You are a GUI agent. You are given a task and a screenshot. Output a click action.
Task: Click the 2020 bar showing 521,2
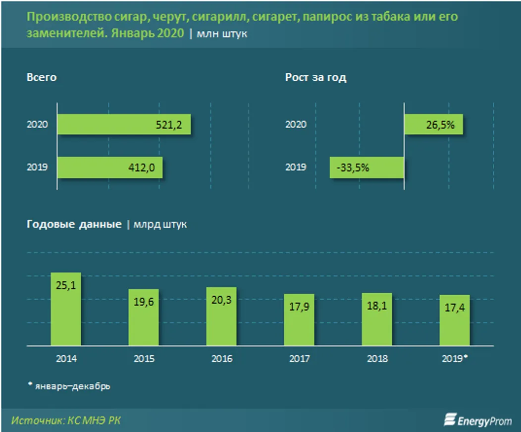(124, 125)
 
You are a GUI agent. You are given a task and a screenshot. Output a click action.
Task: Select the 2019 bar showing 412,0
(110, 168)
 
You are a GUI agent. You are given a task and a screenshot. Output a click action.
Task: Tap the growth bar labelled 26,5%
(433, 125)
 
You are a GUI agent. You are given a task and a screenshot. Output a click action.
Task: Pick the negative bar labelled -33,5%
(367, 168)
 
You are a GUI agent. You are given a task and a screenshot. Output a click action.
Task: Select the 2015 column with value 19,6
(144, 317)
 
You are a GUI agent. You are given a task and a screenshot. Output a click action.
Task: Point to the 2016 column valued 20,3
(221, 316)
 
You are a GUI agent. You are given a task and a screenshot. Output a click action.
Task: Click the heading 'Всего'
(42, 78)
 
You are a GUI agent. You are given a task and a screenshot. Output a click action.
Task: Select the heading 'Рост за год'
(315, 78)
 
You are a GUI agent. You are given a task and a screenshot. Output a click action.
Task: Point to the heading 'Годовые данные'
(74, 224)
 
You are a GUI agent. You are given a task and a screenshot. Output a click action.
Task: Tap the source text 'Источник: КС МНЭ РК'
(66, 421)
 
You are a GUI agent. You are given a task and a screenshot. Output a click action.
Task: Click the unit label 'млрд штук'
(160, 224)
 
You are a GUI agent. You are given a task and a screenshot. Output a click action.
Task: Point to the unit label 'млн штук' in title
(222, 34)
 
